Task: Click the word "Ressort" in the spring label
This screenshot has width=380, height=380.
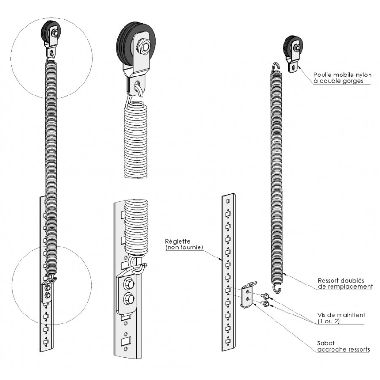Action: tap(329, 280)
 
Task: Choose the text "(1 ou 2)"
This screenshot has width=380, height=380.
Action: tap(328, 322)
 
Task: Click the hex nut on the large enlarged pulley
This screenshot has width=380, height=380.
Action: tap(141, 46)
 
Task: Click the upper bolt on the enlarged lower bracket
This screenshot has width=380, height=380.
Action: tap(128, 285)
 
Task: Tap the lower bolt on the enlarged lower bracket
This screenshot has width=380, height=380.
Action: tap(128, 300)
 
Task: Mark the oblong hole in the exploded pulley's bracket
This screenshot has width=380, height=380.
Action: tap(295, 67)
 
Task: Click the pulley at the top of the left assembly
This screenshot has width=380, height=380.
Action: tap(51, 33)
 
